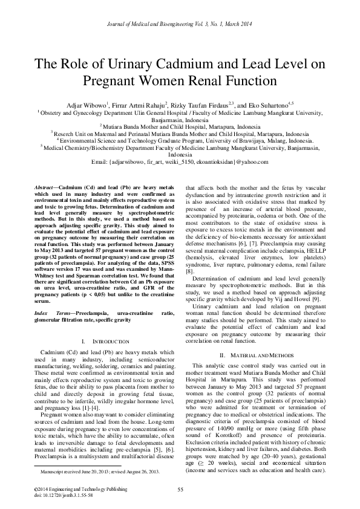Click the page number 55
[x=180, y=489]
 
